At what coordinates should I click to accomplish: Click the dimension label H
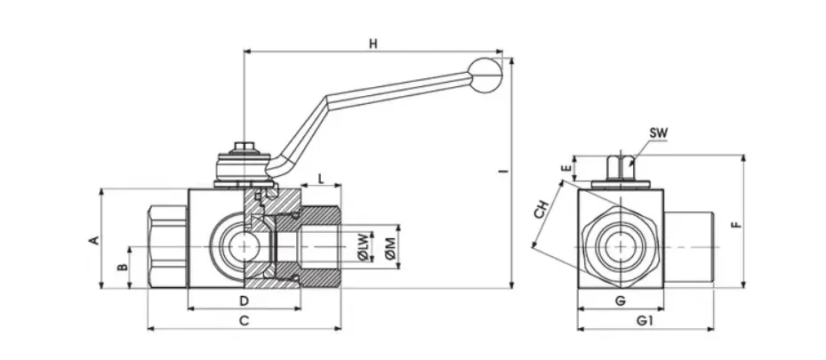click(x=373, y=44)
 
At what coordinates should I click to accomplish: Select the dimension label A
click(x=93, y=241)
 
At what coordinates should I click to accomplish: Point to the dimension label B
click(x=122, y=268)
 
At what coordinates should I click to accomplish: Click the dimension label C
click(x=244, y=321)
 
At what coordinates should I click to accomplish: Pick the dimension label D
click(x=244, y=301)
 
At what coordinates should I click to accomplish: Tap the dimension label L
click(x=321, y=179)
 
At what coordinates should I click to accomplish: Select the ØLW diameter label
click(x=363, y=247)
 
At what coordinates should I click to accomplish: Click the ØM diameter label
click(x=390, y=247)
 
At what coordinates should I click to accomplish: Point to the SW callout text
click(x=658, y=133)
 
